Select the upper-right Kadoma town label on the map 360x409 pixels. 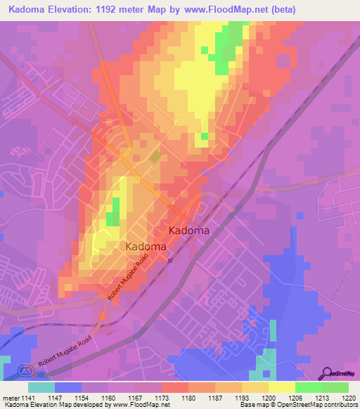coord(188,230)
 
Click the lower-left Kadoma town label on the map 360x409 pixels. coord(146,247)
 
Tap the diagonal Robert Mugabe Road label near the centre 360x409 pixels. coord(129,279)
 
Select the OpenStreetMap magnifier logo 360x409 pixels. coord(328,373)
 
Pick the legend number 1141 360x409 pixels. coord(27,397)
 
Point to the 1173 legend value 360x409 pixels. coord(162,397)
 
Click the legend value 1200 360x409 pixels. coord(269,397)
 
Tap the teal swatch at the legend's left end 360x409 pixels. coord(41,387)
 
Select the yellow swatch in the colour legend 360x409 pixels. coord(282,387)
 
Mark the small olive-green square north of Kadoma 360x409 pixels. coord(154,157)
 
